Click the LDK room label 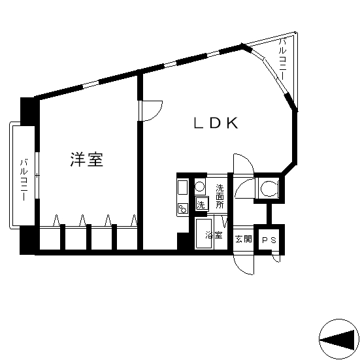(216, 123)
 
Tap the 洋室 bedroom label (86, 159)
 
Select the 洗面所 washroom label (220, 197)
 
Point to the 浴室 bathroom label (214, 235)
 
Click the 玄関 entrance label (243, 239)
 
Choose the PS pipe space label (269, 240)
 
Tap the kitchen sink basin (183, 188)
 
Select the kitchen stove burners (183, 209)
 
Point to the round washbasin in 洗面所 (199, 186)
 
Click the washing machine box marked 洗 (202, 204)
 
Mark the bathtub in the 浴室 (203, 233)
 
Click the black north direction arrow (338, 340)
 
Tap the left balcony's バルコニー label (24, 180)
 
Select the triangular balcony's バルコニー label (283, 59)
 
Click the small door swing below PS (276, 258)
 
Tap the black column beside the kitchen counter (183, 241)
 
